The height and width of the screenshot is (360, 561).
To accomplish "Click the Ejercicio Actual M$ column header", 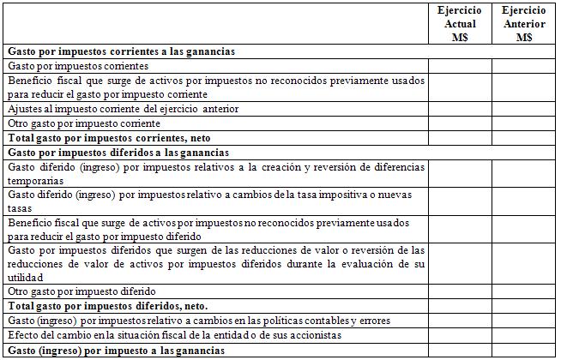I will [459, 23].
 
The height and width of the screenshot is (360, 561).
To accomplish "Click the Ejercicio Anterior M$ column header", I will [523, 23].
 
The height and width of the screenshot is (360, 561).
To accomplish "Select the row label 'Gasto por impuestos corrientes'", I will [78, 66].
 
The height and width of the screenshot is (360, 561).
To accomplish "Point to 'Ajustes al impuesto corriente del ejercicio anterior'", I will [123, 109].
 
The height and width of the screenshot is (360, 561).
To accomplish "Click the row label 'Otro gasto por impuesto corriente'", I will [84, 123].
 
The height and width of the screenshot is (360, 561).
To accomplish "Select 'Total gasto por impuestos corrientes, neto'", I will [109, 138].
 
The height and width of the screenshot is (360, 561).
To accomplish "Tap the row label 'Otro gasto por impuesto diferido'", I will [82, 291].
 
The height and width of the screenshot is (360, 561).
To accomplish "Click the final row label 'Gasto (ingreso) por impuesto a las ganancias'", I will [116, 350].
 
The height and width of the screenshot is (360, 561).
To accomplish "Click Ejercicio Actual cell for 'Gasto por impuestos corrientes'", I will [459, 66].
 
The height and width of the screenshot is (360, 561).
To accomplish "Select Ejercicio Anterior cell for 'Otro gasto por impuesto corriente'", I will [523, 123].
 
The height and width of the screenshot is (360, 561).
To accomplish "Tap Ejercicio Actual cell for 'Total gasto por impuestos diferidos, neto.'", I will [459, 305].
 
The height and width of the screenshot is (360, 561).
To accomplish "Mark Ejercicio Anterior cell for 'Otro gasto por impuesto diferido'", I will [523, 291].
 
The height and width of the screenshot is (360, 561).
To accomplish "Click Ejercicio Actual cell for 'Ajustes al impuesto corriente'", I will [459, 109].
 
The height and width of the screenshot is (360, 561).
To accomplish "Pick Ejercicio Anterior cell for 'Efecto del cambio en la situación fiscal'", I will [523, 335].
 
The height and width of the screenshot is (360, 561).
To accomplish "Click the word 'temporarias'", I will [34, 181].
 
